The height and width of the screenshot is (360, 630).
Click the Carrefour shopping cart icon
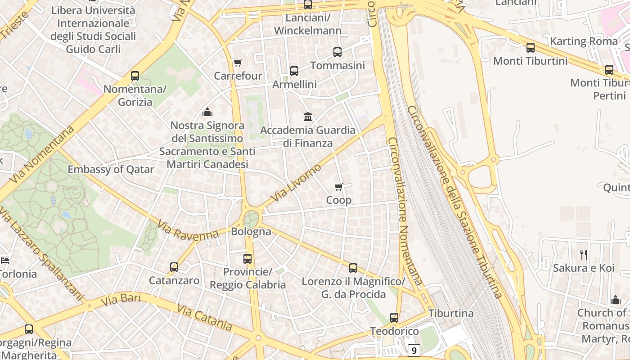tap(238, 63)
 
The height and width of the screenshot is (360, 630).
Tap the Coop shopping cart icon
tap(339, 187)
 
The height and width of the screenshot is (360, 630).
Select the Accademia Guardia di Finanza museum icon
tap(308, 117)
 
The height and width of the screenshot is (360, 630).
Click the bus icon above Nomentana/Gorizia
tap(135, 76)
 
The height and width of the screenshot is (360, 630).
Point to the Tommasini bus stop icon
tap(337, 52)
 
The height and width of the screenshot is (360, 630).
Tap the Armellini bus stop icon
tap(294, 71)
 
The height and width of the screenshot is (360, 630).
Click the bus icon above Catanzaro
tap(174, 267)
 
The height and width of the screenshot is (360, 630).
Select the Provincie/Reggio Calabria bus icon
tap(247, 259)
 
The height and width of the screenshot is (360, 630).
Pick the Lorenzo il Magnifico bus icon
tap(353, 268)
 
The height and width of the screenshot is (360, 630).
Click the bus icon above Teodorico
tap(394, 318)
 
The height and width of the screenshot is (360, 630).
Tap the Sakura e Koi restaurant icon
tap(583, 255)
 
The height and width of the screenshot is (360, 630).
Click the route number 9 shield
tap(414, 350)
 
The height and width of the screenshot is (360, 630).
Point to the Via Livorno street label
tap(297, 183)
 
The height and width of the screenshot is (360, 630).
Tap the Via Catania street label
tap(205, 317)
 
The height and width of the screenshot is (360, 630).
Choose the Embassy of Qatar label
tap(111, 170)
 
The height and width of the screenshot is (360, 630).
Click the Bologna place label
tap(251, 232)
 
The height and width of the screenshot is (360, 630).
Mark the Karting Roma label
tap(584, 41)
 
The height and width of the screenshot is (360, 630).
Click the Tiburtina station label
tap(451, 313)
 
